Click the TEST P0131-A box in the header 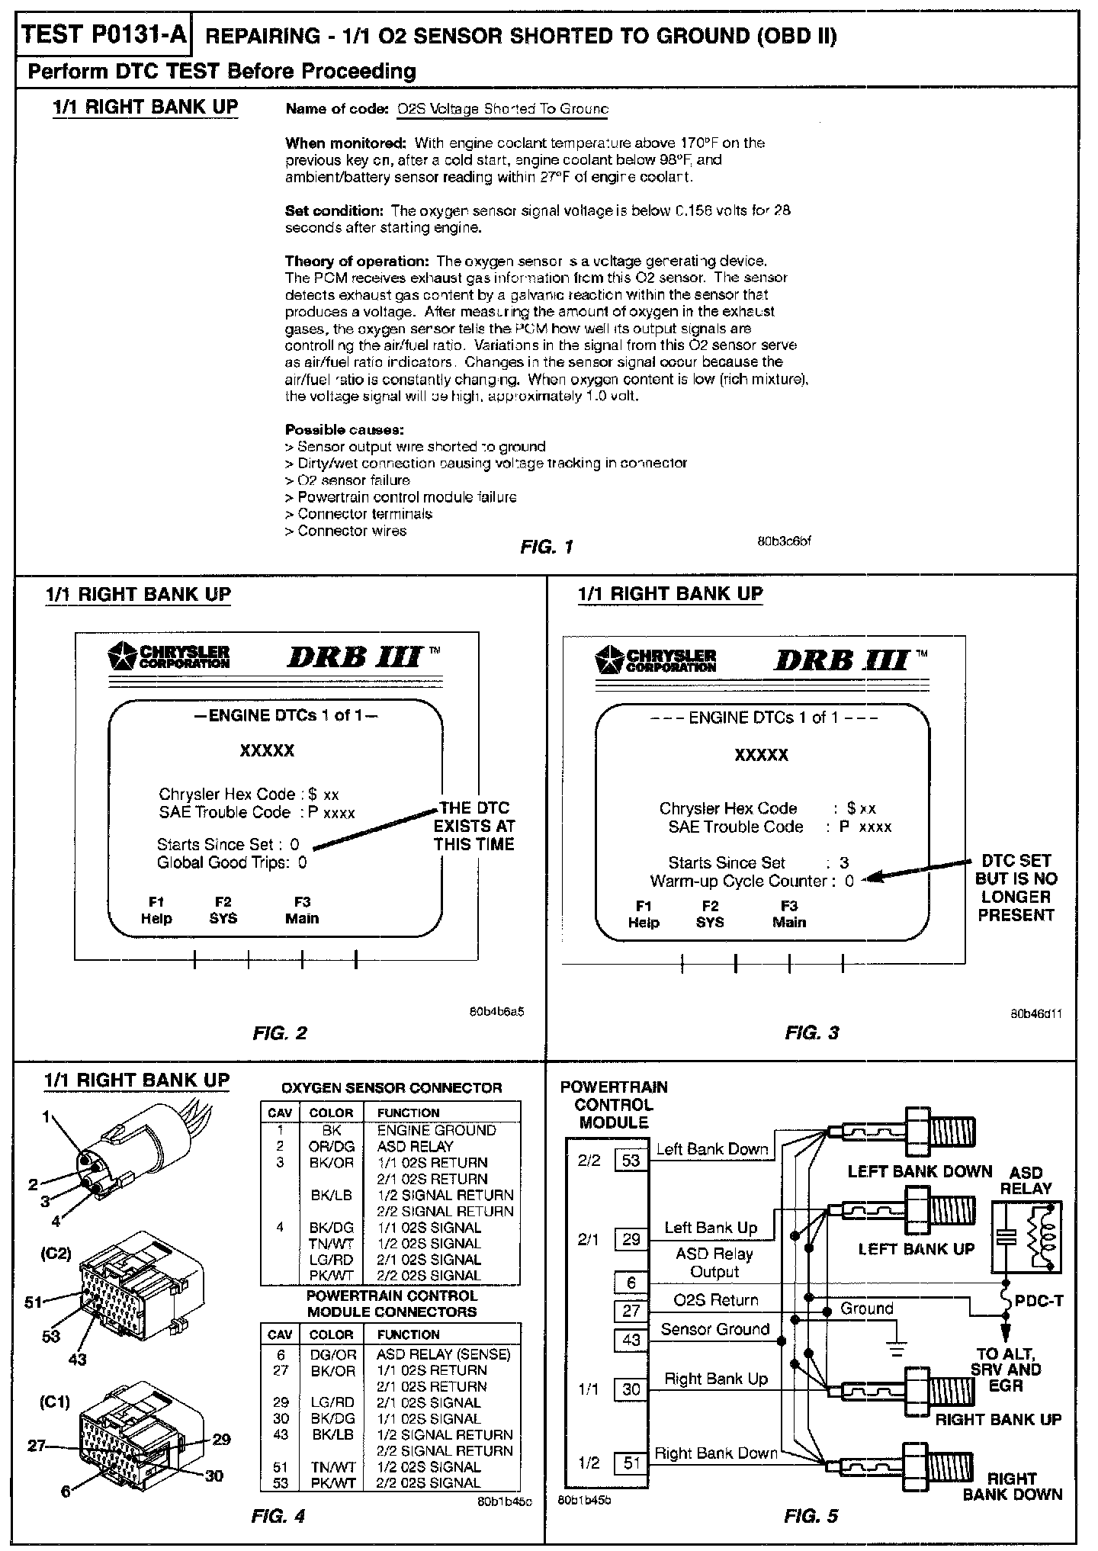point(104,36)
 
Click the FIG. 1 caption point(546,547)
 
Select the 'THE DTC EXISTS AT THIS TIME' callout point(474,826)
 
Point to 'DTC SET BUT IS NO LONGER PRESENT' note point(1016,888)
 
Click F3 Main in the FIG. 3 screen point(788,914)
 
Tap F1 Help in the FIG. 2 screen point(156,910)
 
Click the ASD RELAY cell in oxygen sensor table point(415,1146)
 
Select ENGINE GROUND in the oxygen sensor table point(436,1130)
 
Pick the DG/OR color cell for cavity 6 point(333,1354)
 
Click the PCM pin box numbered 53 point(631,1161)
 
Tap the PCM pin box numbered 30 point(631,1389)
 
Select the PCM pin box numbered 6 point(631,1283)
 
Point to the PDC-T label point(1039,1300)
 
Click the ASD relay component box point(1026,1237)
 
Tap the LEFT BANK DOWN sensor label point(920,1171)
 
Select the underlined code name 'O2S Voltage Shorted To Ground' point(502,109)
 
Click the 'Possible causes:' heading point(344,429)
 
